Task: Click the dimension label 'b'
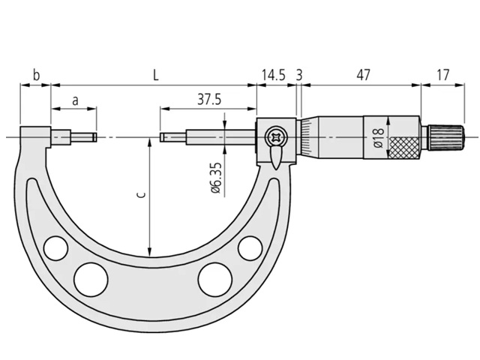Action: [x=36, y=75]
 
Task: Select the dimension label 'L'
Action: [x=156, y=75]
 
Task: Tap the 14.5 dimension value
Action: [x=274, y=75]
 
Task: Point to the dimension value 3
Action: [x=299, y=75]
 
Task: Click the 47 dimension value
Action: [x=363, y=75]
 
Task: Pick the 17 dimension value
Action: [x=442, y=75]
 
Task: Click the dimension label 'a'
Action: [x=75, y=100]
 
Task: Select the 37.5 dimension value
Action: [x=209, y=99]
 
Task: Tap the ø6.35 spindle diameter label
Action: [x=216, y=178]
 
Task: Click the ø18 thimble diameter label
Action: [x=378, y=138]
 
